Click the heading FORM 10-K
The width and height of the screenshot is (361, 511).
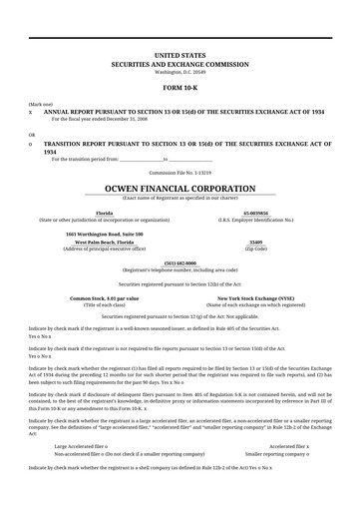(180, 84)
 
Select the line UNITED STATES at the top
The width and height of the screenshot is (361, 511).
(180, 50)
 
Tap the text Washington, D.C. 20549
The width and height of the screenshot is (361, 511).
(180, 71)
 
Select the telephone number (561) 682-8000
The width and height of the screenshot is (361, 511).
(180, 262)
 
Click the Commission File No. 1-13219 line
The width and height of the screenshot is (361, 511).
(180, 172)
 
